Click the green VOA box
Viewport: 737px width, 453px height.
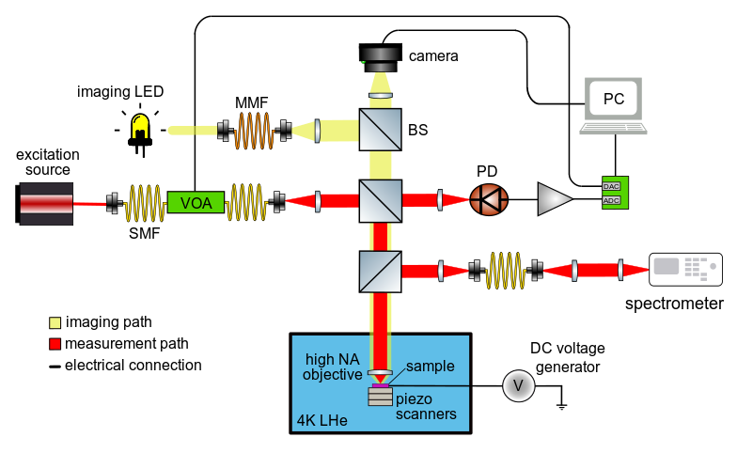[x=196, y=202]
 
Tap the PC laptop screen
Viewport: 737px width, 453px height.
[x=613, y=99]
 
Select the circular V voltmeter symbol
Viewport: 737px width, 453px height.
[x=518, y=385]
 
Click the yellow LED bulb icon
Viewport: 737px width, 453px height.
[x=140, y=126]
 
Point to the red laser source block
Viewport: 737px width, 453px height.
[x=46, y=203]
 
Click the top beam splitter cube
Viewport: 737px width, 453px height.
[x=380, y=130]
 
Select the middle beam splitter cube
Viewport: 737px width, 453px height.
[x=380, y=200]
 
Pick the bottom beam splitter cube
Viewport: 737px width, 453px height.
[x=380, y=271]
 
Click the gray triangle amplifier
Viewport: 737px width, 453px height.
[x=554, y=199]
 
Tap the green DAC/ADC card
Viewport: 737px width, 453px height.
[x=615, y=193]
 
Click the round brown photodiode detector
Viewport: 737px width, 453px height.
[x=489, y=199]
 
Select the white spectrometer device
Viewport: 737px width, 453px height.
[x=685, y=269]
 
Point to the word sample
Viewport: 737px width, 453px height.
[x=431, y=367]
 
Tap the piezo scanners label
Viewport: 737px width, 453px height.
[x=426, y=406]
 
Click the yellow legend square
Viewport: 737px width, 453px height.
[x=55, y=322]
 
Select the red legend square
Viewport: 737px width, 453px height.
[x=55, y=344]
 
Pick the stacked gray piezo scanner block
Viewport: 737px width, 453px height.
[x=380, y=397]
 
